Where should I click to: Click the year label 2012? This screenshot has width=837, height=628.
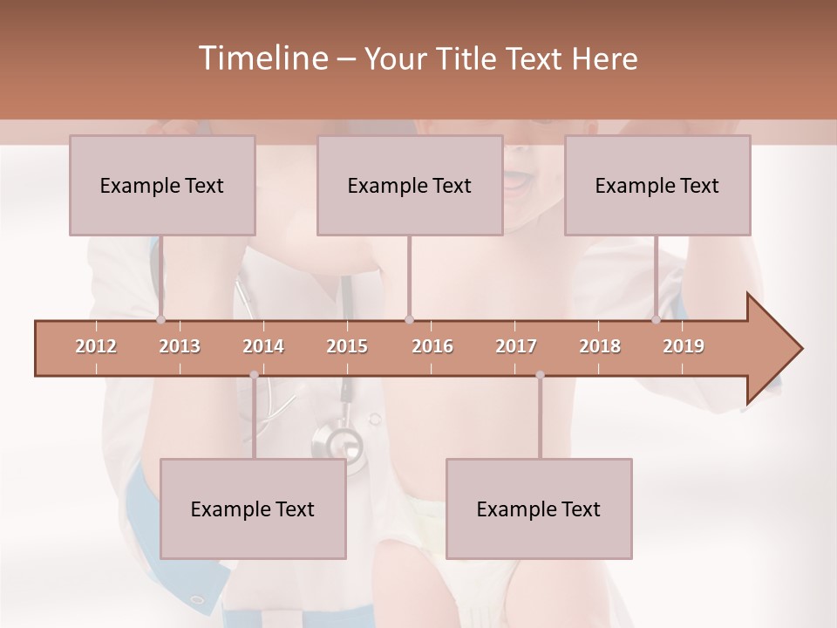96,346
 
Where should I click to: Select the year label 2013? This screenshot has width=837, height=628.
180,346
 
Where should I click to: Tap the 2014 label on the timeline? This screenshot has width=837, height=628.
263,346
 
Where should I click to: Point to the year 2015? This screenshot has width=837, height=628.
347,346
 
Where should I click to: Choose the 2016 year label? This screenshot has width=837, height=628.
432,346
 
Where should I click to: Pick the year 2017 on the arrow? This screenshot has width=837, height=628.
516,346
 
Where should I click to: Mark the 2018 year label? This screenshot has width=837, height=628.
600,346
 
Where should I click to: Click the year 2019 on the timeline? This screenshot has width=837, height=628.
684,346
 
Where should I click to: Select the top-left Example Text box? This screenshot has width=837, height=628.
162,185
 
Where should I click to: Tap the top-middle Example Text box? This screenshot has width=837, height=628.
410,185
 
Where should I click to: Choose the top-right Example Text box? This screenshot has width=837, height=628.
657,185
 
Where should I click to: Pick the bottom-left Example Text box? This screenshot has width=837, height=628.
253,509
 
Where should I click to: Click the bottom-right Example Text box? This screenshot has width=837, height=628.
539,509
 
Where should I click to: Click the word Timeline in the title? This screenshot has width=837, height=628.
262,58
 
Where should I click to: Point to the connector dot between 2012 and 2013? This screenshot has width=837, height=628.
161,319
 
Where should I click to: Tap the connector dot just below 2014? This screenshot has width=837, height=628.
254,375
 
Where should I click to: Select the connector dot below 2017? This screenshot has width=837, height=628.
540,375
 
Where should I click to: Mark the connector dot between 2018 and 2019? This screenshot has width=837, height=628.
657,319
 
